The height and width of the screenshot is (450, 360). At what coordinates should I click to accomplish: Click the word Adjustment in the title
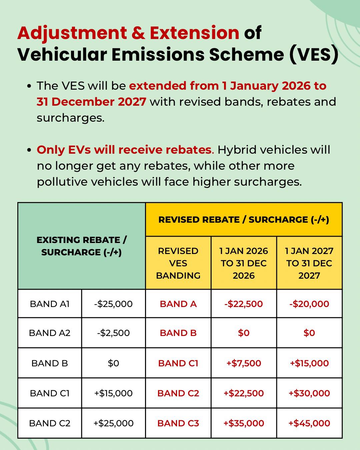tap(72, 33)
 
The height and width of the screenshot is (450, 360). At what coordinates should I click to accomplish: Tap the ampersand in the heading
tap(138, 33)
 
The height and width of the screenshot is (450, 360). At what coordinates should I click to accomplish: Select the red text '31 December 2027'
tap(91, 102)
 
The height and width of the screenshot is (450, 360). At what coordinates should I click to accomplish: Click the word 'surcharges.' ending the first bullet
tap(70, 118)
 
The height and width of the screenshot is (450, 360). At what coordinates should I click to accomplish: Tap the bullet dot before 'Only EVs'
tap(29, 150)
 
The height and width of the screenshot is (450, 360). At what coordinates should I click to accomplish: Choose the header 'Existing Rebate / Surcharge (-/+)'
tap(82, 246)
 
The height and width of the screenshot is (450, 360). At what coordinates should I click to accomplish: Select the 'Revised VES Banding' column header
tap(178, 263)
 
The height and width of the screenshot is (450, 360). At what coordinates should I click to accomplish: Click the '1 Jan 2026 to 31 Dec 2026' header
tap(244, 263)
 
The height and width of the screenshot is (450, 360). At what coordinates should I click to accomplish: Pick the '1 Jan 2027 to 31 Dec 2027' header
tap(309, 263)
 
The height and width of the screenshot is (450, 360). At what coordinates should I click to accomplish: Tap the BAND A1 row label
tap(50, 304)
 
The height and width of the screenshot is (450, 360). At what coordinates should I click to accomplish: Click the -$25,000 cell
tap(113, 304)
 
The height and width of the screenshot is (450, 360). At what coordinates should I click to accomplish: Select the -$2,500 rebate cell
tap(113, 333)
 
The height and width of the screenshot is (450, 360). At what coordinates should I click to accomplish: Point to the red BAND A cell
tap(178, 304)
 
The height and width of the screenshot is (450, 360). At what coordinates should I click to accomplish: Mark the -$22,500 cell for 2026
tap(244, 304)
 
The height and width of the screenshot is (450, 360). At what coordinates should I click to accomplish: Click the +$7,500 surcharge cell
tap(244, 363)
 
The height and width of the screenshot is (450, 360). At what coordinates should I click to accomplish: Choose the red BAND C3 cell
tap(178, 423)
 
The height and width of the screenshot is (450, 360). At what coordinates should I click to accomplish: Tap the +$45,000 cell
tap(309, 423)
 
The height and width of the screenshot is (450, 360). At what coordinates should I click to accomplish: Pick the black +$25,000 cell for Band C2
tap(113, 423)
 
